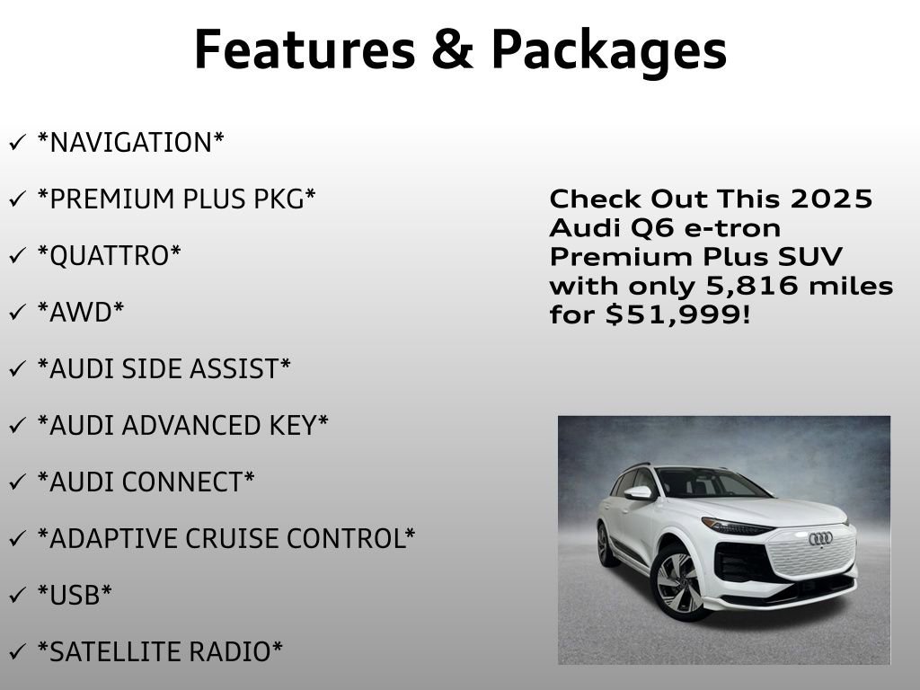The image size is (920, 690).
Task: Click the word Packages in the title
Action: coord(608,51)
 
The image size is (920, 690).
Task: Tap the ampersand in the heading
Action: coord(451,49)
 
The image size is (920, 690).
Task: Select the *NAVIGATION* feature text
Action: coord(130,142)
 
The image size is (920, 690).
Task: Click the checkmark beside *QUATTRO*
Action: coord(17,256)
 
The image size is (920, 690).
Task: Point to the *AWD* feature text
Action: coord(80,313)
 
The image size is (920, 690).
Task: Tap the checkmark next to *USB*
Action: coord(17,595)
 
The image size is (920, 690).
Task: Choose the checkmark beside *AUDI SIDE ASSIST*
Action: coord(17,369)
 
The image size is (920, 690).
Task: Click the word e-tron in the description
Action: coord(732,228)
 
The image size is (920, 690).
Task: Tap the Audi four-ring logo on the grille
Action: coord(820,538)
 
